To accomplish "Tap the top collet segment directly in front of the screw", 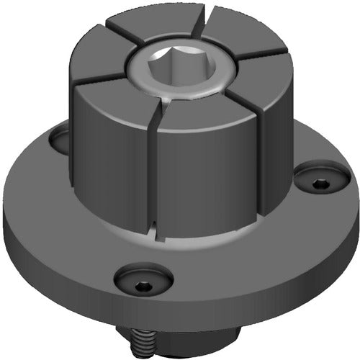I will pyautogui.click(x=209, y=108).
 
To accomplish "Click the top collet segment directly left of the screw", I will pyautogui.click(x=101, y=61).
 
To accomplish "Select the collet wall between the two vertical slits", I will pyautogui.click(x=205, y=180).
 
